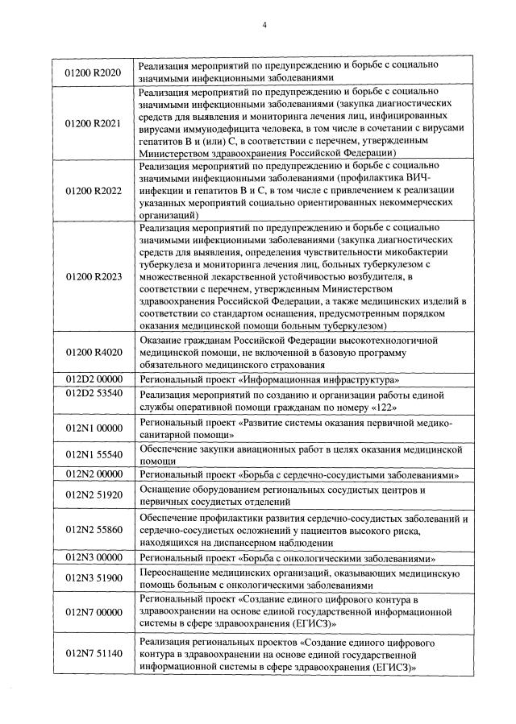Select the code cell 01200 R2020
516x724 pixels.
[93, 73]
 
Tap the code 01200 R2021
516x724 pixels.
[93, 125]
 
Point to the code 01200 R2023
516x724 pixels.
[93, 277]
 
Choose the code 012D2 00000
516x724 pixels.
[93, 378]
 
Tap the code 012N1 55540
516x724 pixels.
[93, 454]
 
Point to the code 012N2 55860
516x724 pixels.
[93, 529]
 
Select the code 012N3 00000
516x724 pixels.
[93, 556]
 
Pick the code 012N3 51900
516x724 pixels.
[93, 578]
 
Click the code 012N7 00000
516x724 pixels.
[93, 612]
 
